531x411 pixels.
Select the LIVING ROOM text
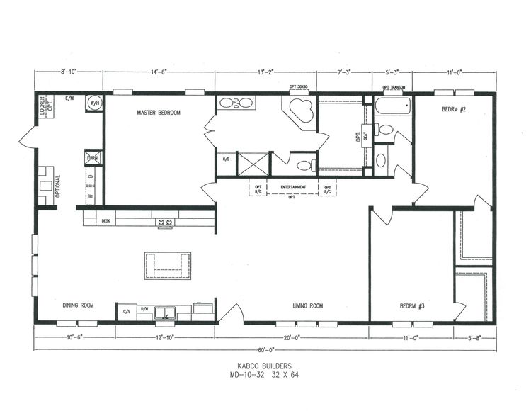(x=308, y=306)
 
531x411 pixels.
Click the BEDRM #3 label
(x=411, y=306)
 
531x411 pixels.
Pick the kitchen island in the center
(x=168, y=264)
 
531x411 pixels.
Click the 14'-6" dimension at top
(x=159, y=72)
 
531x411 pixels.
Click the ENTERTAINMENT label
(x=293, y=187)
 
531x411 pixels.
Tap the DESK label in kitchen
(x=106, y=221)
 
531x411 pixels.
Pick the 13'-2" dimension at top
(x=265, y=72)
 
